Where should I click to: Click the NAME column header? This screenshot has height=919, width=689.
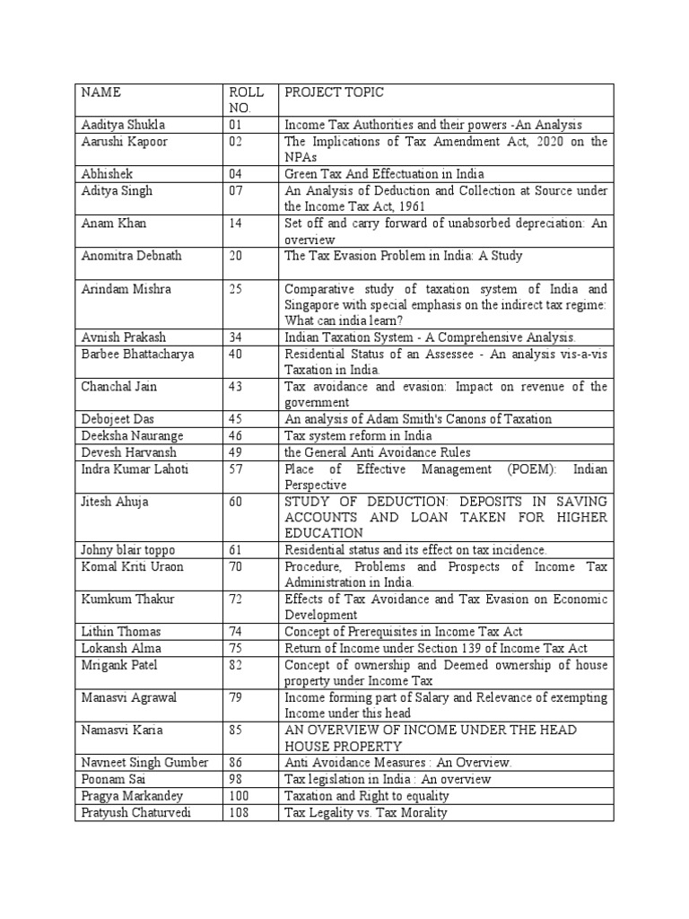click(100, 92)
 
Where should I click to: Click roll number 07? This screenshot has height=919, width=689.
click(236, 191)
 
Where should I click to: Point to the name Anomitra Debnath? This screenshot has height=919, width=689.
click(132, 256)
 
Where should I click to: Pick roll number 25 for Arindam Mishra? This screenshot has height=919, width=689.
click(236, 289)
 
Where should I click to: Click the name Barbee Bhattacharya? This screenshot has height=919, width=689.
click(136, 354)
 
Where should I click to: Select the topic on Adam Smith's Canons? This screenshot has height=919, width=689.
click(418, 419)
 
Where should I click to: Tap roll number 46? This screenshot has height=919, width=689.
click(236, 435)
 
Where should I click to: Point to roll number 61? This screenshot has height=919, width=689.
click(236, 550)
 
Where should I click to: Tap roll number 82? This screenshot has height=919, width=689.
click(236, 664)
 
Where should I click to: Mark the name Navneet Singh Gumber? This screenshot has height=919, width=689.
click(144, 762)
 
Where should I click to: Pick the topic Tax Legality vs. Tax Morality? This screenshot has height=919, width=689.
click(365, 813)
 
